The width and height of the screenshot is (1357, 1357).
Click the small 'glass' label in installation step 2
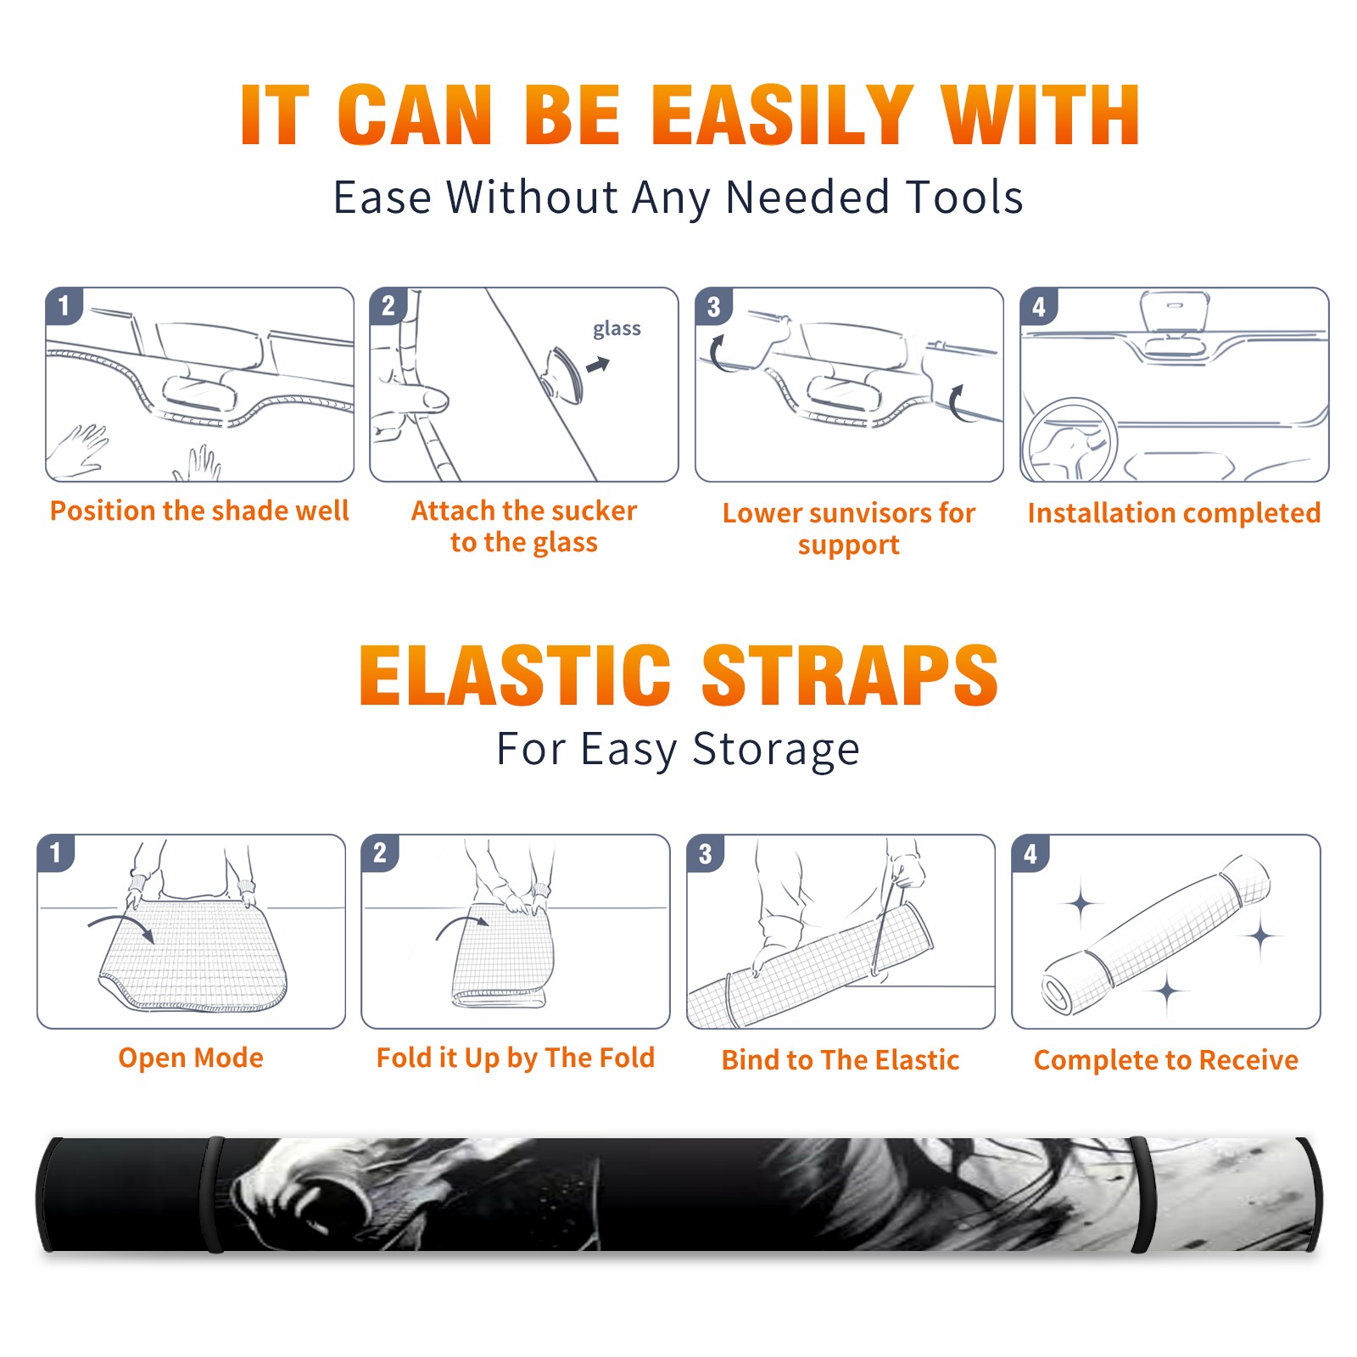[617, 329]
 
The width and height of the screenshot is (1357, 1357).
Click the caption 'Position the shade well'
[199, 511]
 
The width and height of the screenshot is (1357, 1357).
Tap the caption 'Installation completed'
[1174, 513]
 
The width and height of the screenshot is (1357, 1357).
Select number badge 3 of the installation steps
[712, 306]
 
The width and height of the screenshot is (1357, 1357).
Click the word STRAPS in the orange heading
[850, 675]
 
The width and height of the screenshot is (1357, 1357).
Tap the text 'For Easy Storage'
[678, 750]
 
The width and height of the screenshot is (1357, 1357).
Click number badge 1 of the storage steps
[56, 852]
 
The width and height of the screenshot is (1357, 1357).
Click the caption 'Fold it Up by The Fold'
[516, 1058]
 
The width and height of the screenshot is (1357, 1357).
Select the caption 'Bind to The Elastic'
[840, 1060]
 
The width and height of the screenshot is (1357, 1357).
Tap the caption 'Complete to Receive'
[1166, 1060]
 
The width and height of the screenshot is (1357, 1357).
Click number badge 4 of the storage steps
[1030, 853]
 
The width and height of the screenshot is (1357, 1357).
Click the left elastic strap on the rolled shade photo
[212, 1195]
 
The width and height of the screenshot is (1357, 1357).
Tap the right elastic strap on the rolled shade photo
[1142, 1195]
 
